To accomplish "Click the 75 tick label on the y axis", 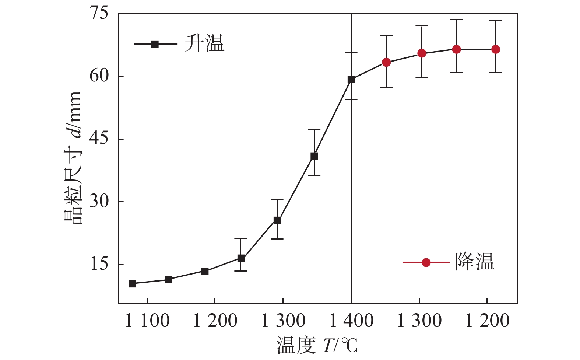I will (x=99, y=13).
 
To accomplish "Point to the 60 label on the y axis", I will (x=99, y=76).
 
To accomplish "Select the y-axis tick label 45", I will (x=99, y=139).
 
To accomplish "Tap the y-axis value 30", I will (x=99, y=202).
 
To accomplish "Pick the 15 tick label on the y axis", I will (x=99, y=264).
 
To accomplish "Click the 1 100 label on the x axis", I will (x=147, y=321).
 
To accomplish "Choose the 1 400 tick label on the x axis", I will (x=351, y=321).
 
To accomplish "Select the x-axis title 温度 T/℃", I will (x=317, y=346).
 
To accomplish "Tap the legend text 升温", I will (x=204, y=44).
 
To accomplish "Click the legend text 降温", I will (x=475, y=262).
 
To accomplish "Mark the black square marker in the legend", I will (x=155, y=44).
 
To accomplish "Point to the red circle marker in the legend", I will (x=426, y=262).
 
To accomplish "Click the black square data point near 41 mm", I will (x=314, y=156).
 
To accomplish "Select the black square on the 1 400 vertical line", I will (x=351, y=79).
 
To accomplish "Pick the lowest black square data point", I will (x=133, y=284).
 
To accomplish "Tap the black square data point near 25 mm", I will (x=277, y=220).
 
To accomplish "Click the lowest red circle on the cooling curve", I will (x=386, y=62).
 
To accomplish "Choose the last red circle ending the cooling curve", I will (x=496, y=49).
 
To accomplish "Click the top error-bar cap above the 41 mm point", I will (x=314, y=130).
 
